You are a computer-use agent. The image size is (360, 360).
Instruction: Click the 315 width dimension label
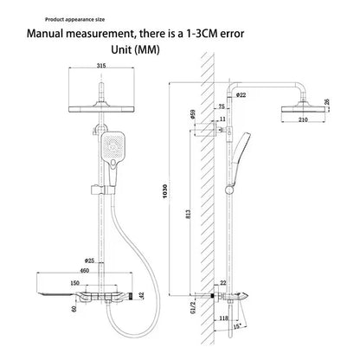(x=101, y=66)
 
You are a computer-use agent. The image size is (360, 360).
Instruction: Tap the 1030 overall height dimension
(x=165, y=191)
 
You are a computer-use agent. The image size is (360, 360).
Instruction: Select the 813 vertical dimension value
(x=189, y=214)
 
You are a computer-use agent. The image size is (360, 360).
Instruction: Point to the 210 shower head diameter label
(x=303, y=119)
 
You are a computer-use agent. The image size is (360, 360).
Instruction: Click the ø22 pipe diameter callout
(x=241, y=94)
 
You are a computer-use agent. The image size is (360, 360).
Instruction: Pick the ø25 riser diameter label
(x=89, y=260)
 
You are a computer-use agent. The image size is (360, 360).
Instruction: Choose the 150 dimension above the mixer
(x=74, y=283)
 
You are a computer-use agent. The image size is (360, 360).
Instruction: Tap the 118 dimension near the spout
(x=223, y=318)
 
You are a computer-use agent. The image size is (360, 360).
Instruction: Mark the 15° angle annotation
(x=237, y=327)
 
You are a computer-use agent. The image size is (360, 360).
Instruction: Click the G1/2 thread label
(x=193, y=305)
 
